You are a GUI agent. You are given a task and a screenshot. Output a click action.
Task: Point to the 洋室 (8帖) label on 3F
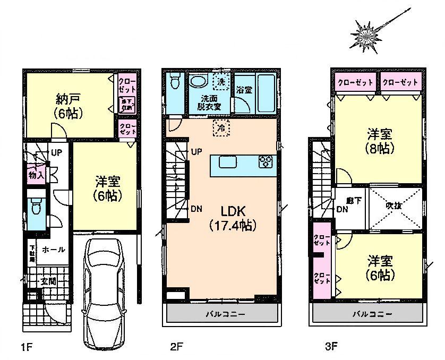[x=381, y=141]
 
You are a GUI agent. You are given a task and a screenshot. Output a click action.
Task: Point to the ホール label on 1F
[x=53, y=248]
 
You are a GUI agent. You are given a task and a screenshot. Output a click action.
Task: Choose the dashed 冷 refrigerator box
[x=218, y=127]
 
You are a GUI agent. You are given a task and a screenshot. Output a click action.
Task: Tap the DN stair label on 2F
[x=195, y=209]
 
